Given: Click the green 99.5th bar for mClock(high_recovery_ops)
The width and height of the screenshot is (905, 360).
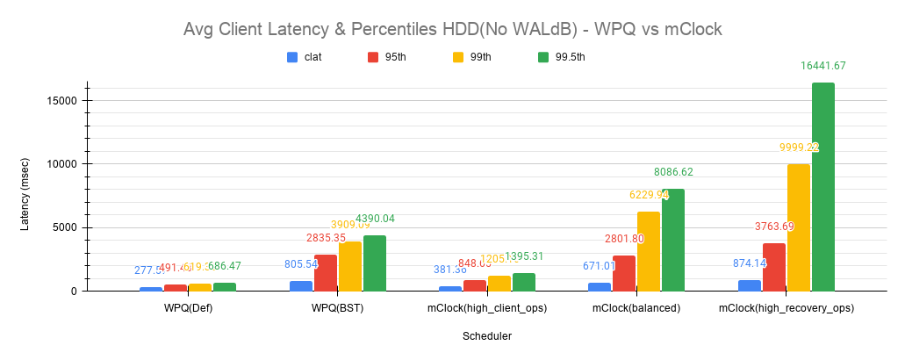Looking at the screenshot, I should (822, 187).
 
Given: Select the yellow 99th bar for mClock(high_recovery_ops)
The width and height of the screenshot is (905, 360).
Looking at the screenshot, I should (799, 227).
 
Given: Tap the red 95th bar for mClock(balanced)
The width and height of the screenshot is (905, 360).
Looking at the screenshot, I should (624, 273).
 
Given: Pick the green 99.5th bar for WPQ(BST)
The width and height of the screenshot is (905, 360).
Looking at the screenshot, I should (374, 263).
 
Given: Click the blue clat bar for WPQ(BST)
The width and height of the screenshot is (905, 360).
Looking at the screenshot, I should (300, 286).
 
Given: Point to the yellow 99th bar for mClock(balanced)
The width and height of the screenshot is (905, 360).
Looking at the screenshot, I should (649, 251).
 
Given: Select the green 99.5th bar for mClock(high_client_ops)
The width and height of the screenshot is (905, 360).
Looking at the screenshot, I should (524, 282).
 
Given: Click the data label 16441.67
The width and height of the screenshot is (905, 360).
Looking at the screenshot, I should (822, 66).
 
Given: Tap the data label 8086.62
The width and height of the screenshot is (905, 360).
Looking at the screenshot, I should (673, 172).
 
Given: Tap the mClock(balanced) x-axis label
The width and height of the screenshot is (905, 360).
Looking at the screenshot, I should (636, 308).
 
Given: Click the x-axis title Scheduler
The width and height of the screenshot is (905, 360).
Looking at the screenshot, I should (487, 335).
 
